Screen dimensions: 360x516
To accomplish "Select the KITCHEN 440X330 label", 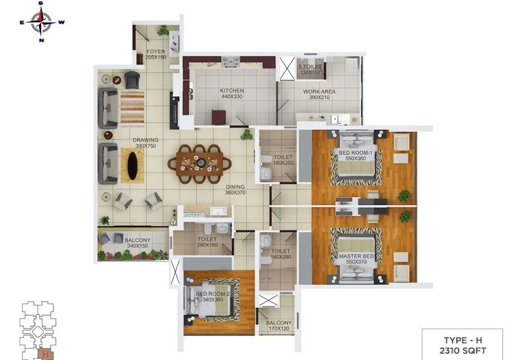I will click(232, 94).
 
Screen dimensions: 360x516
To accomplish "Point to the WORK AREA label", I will click(318, 94).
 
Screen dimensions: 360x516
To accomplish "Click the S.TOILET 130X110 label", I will click(312, 70).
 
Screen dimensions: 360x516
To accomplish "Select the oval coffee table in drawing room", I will click(132, 166).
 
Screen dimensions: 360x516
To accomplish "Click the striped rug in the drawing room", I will click(132, 108).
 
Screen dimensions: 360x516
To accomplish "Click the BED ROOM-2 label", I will click(212, 297).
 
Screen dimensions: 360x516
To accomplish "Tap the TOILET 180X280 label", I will click(281, 254).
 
